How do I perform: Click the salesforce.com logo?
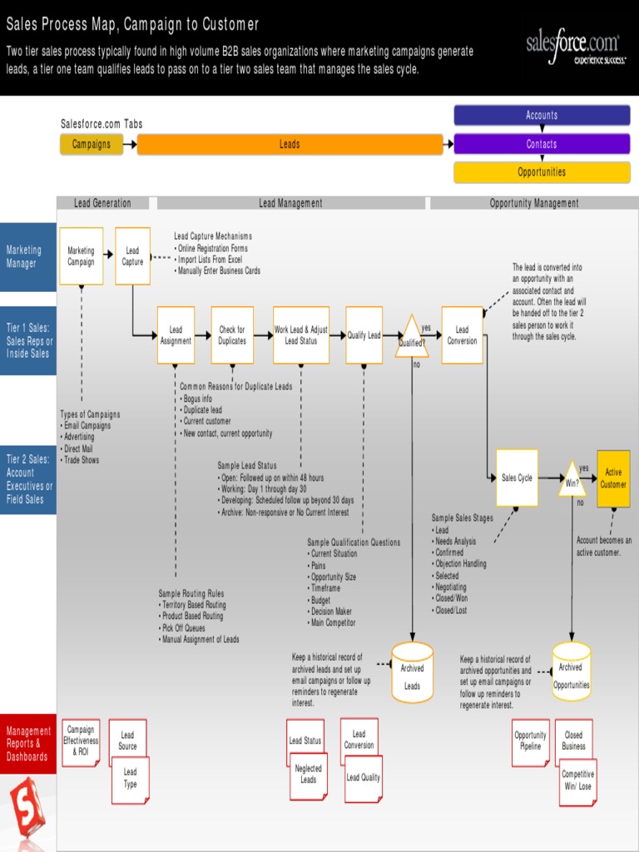point(572,48)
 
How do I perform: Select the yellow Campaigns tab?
point(91,144)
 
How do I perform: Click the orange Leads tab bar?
point(290,144)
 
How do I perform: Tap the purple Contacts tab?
point(542,144)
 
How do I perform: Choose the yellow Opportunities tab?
point(542,172)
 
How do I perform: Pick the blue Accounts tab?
point(542,116)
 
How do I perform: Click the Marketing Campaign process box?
point(81,256)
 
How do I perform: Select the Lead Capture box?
point(132,256)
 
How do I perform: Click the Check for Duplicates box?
point(232,335)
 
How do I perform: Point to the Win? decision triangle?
point(572,481)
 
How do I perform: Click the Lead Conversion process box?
point(462,335)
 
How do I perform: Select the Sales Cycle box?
point(517,478)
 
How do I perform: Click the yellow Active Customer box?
point(613,478)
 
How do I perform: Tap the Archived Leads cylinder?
point(412,672)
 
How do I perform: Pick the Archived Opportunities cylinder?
point(571,672)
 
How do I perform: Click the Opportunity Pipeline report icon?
point(530,741)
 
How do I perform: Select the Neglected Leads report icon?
point(308,775)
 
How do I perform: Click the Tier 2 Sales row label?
point(28,479)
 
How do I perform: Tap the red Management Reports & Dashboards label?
point(28,744)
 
